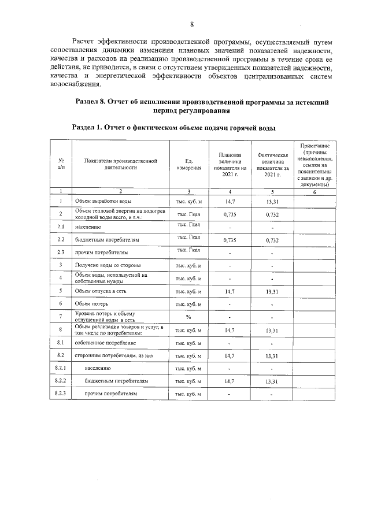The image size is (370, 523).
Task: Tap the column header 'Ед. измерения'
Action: [x=188, y=164]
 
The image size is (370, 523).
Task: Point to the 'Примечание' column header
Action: [x=314, y=164]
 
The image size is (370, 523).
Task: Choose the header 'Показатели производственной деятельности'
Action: [x=120, y=164]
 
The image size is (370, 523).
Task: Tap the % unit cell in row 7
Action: [x=188, y=317]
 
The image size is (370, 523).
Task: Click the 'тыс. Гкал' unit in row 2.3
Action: [x=188, y=250]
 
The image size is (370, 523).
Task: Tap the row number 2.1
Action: [x=61, y=227]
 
